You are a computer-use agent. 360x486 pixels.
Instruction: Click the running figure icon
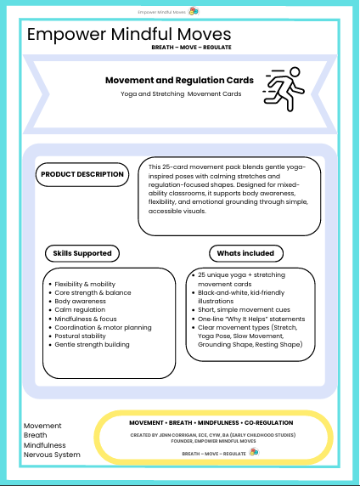284,87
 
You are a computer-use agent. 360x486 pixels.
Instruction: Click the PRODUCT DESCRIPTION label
82,174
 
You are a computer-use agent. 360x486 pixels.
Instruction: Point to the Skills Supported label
82,252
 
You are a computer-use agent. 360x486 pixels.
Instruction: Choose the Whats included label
245,252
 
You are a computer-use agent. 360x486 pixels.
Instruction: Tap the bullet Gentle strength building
93,344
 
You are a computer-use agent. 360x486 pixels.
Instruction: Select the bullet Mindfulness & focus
89,319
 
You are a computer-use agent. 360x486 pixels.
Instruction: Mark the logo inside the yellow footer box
253,452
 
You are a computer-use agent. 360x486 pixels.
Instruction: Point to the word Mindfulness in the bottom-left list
45,444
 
